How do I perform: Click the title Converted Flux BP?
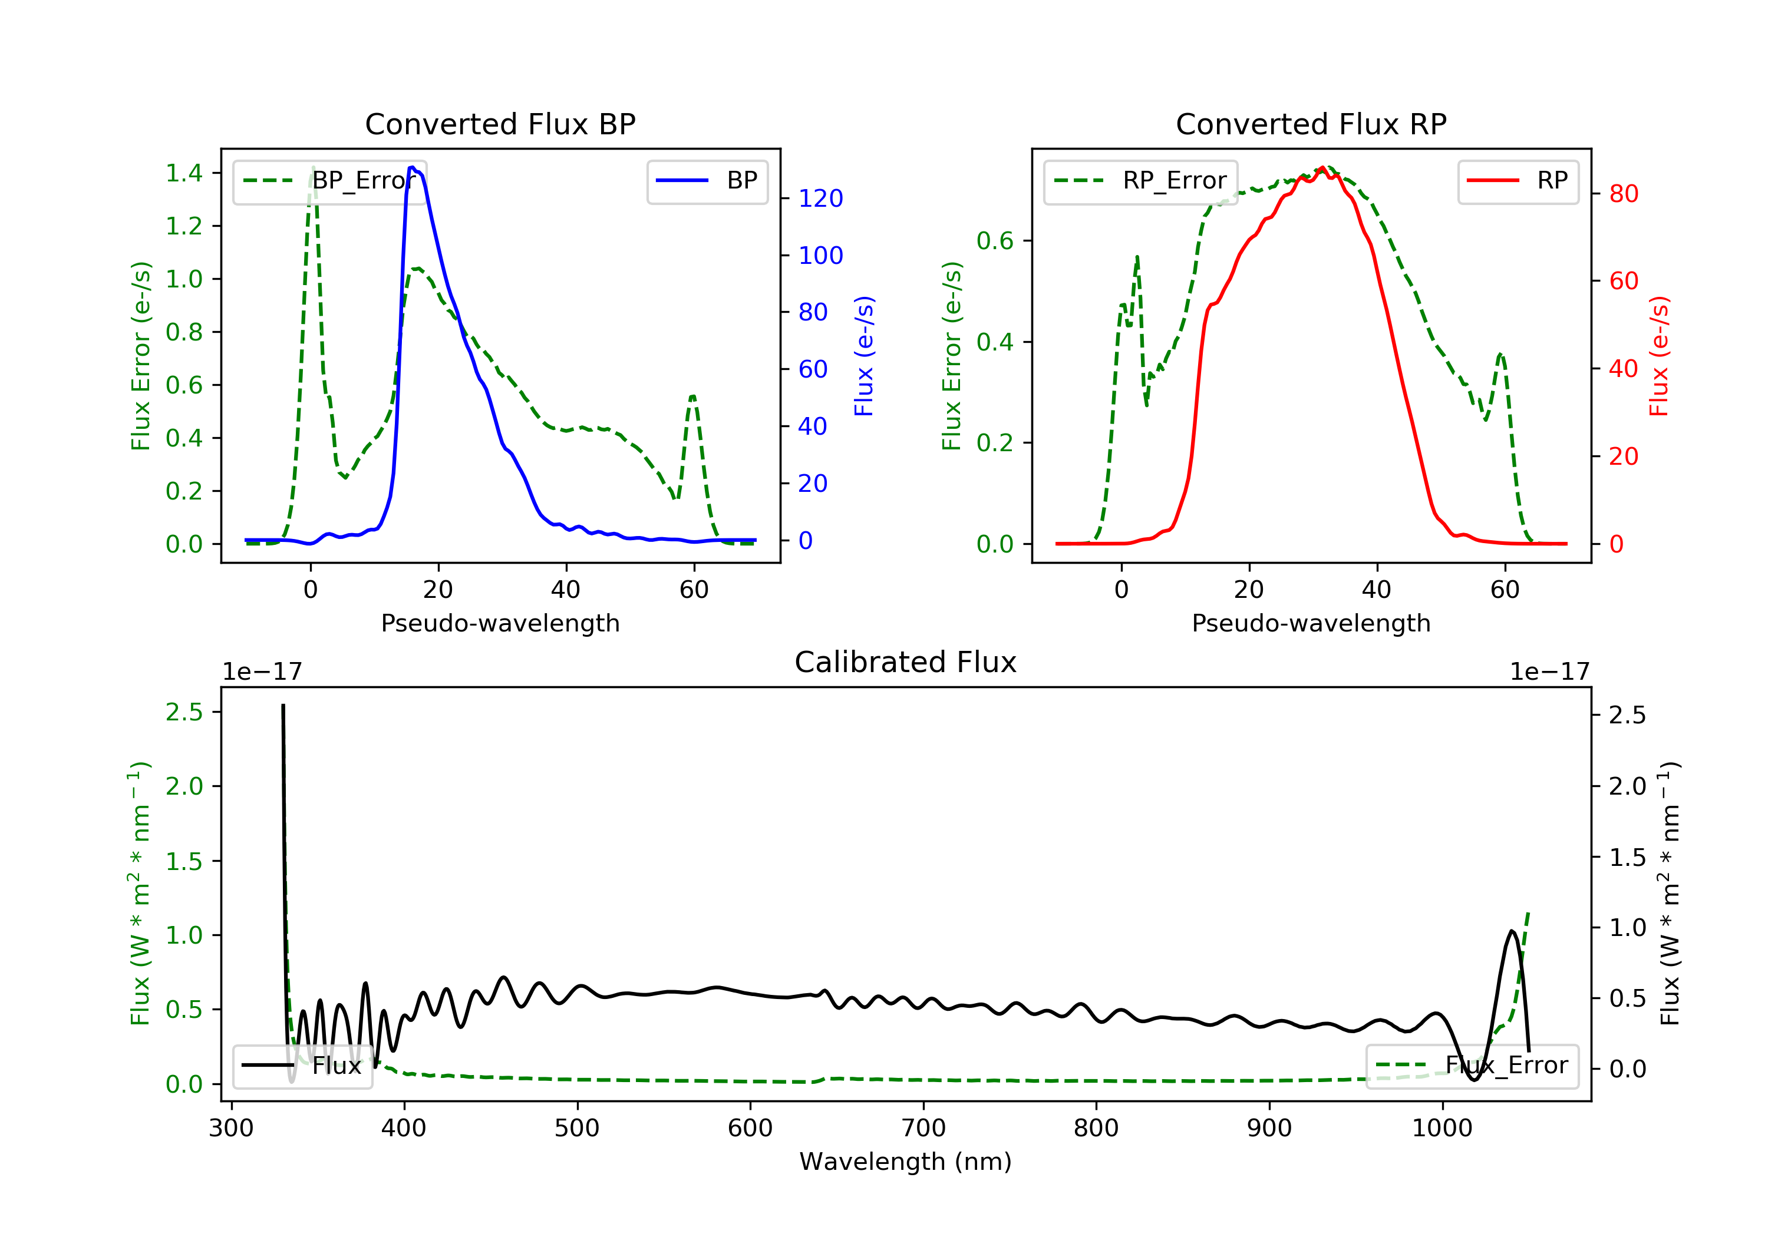point(500,124)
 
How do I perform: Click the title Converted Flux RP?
point(1311,124)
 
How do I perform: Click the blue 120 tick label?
point(820,199)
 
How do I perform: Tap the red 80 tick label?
point(1623,194)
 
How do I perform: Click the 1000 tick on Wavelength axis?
point(1442,1129)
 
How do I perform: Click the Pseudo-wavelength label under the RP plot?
point(1311,623)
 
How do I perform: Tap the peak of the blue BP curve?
point(412,167)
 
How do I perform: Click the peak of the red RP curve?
point(1322,168)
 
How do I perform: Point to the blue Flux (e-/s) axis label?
point(864,356)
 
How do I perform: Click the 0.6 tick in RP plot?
point(995,241)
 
